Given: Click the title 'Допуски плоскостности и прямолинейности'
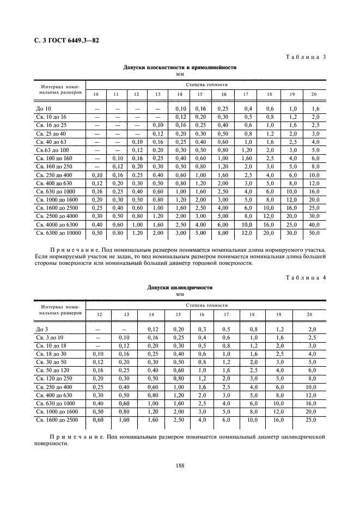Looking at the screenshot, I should tap(180, 68).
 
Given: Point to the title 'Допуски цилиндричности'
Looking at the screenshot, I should tap(180, 287).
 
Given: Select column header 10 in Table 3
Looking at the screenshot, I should tap(95, 95).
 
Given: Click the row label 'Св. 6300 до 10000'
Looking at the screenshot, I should tap(58, 233).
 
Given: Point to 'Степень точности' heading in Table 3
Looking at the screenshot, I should tap(206, 85).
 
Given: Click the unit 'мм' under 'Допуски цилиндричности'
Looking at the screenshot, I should tap(180, 294).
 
